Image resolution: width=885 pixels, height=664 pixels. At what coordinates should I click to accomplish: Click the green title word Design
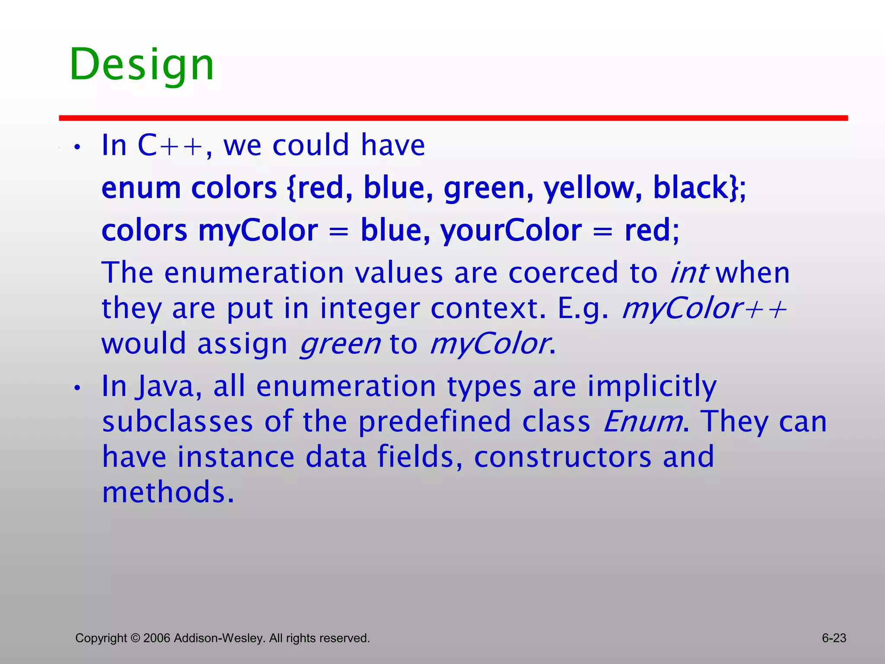coord(142,65)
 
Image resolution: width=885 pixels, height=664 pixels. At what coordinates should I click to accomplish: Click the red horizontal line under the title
coord(453,118)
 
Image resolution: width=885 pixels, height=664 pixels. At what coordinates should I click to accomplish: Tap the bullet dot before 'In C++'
coord(77,147)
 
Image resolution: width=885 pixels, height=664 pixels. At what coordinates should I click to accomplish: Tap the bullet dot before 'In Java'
coord(77,388)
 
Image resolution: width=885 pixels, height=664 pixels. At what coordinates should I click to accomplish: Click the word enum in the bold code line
coord(141,188)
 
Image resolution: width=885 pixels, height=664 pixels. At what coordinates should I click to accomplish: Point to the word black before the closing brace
coord(690,188)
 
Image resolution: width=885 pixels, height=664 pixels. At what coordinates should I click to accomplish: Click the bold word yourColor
coord(511,230)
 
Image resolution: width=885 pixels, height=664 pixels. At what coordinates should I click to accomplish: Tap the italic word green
coord(340,345)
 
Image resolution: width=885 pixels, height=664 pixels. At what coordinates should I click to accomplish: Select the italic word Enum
coord(643,421)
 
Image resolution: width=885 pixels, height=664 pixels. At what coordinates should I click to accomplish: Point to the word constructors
coord(563,457)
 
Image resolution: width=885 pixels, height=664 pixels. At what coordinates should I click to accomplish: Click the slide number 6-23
coord(834,638)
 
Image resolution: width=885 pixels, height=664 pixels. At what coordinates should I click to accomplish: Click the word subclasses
coord(178,421)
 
